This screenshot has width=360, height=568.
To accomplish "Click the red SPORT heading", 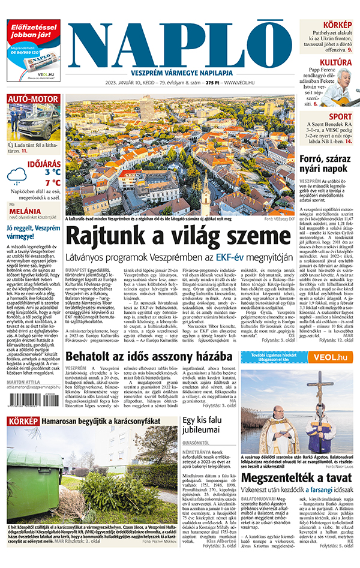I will point(341,116).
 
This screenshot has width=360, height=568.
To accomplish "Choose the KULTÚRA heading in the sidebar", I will point(335,62).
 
